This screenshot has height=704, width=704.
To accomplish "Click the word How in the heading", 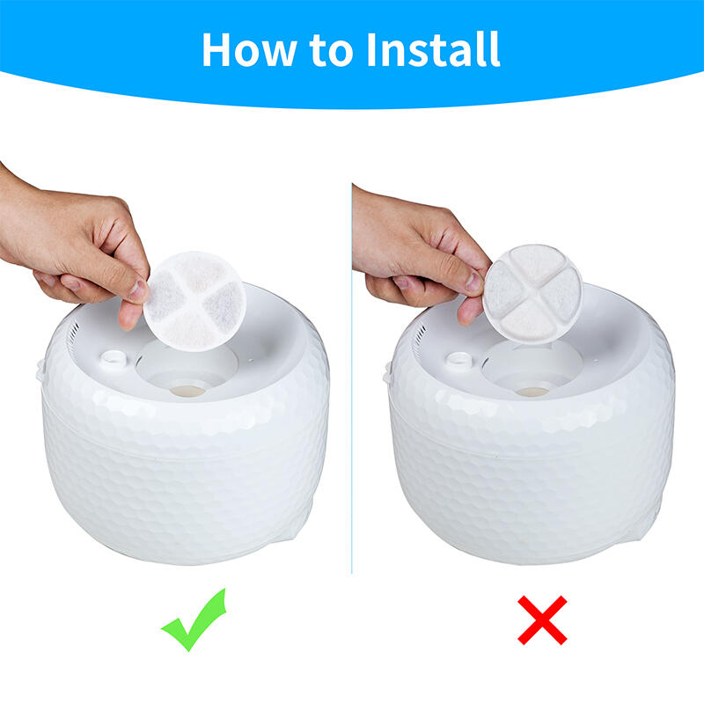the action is coord(249,49).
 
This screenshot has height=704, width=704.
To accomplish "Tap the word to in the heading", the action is coord(332,50).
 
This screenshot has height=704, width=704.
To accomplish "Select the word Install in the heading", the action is coord(433,49).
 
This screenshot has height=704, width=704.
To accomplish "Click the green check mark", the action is coord(194,620).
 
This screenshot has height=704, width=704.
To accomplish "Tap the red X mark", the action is coord(542,620).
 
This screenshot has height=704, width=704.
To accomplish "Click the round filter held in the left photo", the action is coord(194,301).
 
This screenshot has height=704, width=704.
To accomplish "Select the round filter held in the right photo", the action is coord(532,294).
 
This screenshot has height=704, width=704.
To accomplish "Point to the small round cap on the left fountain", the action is coord(114,358).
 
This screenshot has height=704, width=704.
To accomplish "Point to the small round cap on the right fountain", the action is coord(459,359).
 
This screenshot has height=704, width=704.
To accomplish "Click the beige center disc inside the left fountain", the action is coord(187,391).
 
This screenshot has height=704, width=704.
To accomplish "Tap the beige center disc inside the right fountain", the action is coord(532,392).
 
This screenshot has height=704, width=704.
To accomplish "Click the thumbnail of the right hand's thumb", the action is coord(473,282).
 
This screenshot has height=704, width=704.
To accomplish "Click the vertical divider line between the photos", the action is coord(352,378).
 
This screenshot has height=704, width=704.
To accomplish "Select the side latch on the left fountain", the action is coord(40,370).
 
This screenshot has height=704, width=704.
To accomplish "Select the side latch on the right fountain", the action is coord(386,372).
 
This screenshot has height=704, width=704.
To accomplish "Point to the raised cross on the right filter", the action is coord(532,294).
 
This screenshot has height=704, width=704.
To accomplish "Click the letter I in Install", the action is coord(371,50).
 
